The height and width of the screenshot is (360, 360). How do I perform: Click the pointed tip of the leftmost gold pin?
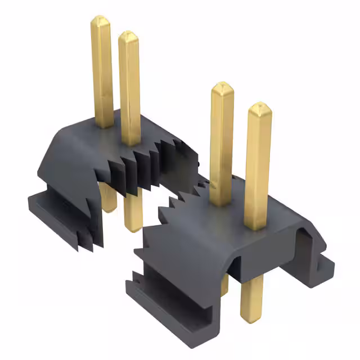pos(101,20)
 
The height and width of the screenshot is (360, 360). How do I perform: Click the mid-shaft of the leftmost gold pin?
pos(102,73)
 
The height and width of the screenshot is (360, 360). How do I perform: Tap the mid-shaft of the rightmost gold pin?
pos(258,169)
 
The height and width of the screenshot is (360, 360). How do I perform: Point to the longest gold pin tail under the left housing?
pos(133,214)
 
